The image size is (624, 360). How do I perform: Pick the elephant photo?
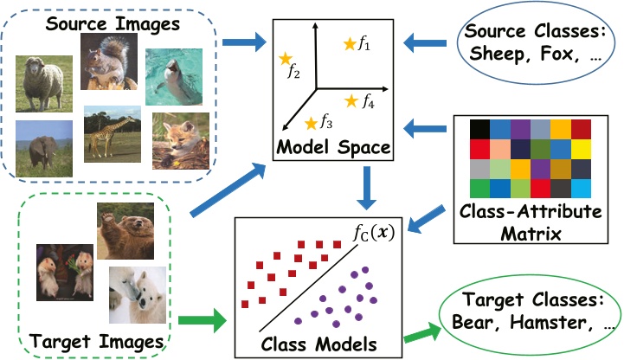pyautogui.click(x=44, y=144)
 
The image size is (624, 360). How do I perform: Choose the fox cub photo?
pyautogui.click(x=181, y=141)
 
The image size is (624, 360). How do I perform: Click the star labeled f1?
pyautogui.click(x=350, y=43)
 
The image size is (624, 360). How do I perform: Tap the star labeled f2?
pyautogui.click(x=284, y=59)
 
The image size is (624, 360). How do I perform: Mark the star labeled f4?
pyautogui.click(x=351, y=101)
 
